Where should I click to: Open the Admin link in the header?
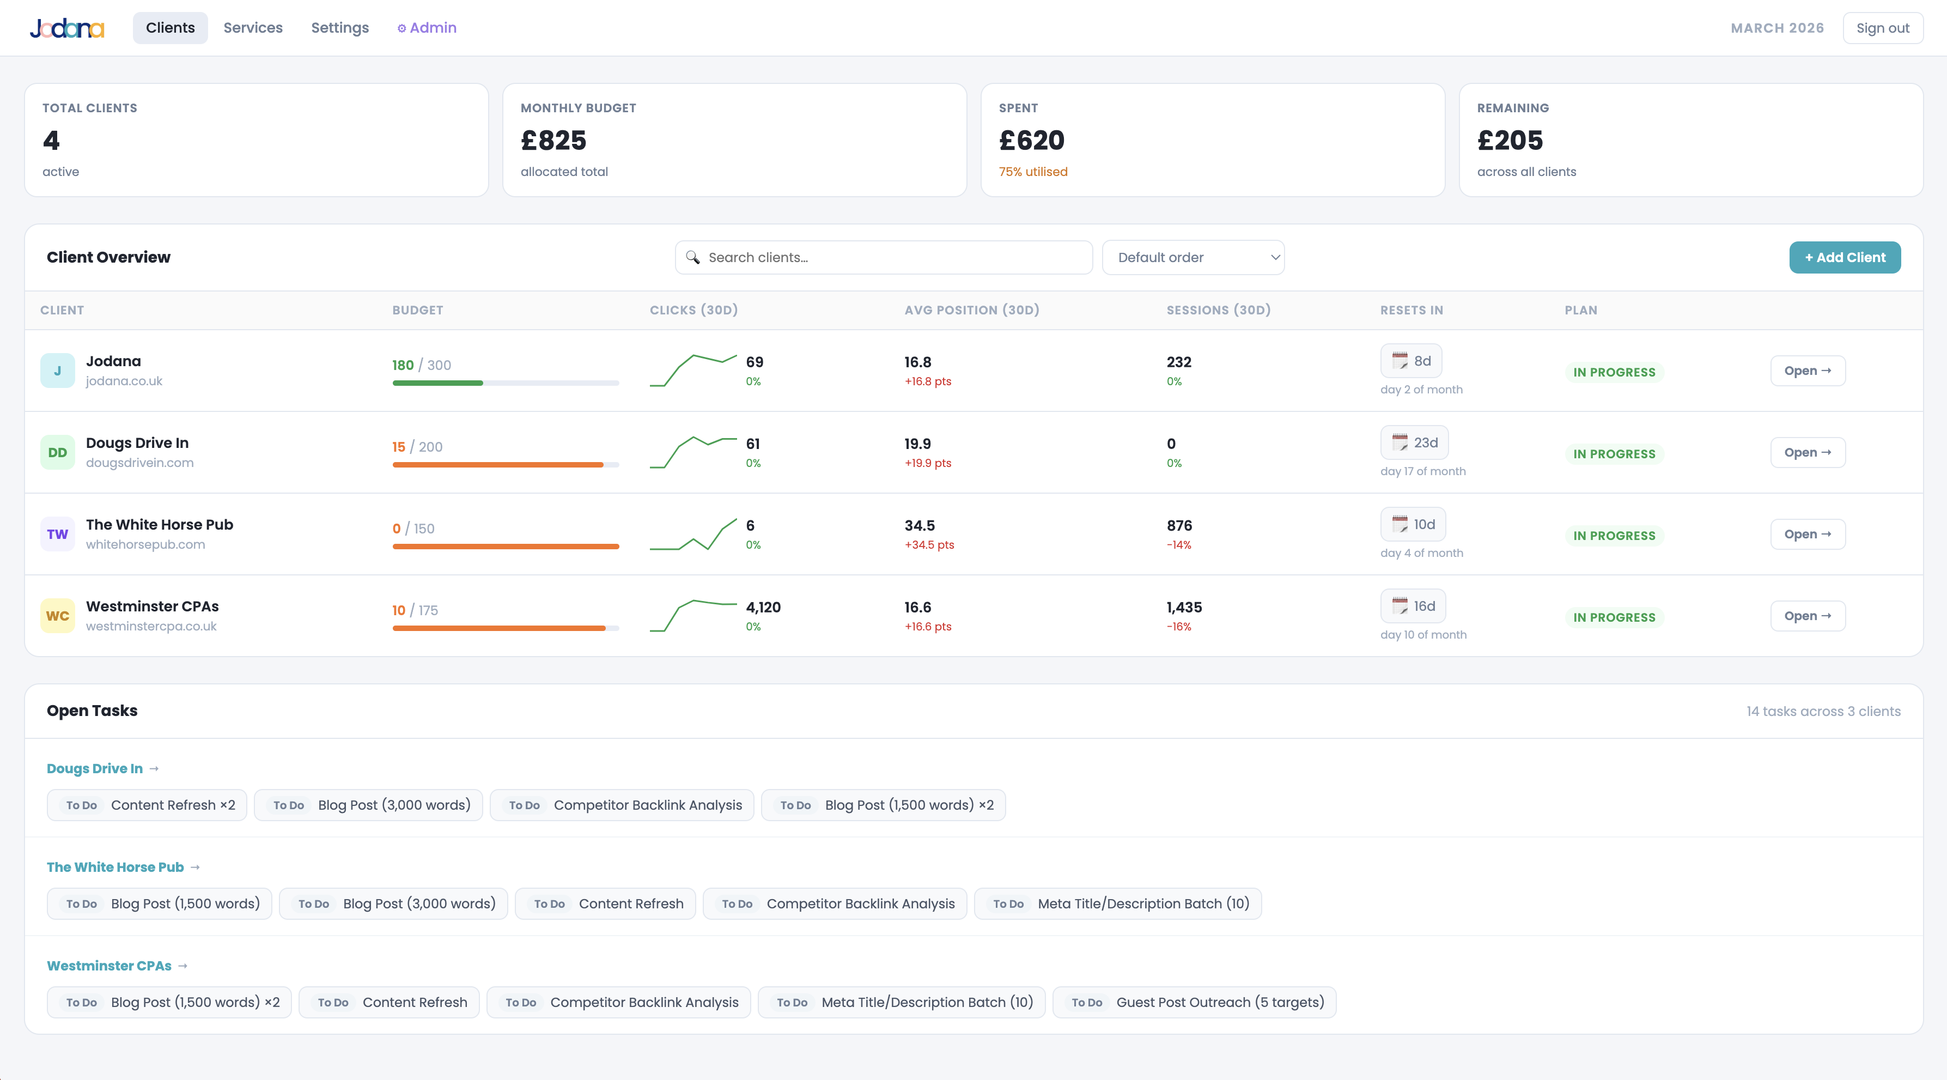427,28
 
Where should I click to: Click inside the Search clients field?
884,258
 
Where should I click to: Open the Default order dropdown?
1192,258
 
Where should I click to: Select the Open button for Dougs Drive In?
1807,453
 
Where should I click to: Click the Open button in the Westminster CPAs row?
1807,616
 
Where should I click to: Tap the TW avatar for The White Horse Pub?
57,535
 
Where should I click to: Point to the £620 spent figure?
1032,141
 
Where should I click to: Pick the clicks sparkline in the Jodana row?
693,371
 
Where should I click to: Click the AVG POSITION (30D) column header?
972,310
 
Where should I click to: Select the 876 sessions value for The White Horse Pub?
1179,525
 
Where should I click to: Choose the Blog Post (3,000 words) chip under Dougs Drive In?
368,805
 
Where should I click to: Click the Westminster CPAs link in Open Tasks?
109,966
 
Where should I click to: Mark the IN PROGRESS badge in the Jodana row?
1614,372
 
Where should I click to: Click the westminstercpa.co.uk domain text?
151,627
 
